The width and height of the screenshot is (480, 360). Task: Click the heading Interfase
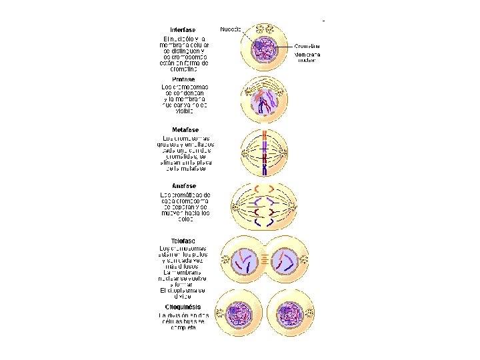183,29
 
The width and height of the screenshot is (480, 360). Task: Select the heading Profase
183,79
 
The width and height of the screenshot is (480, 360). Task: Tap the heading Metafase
185,129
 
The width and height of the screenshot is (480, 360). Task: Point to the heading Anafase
183,185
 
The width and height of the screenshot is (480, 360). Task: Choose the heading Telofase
183,240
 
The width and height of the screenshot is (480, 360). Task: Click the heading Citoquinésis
184,307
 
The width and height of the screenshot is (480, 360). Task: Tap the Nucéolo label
231,29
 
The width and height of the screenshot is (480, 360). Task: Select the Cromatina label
308,47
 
